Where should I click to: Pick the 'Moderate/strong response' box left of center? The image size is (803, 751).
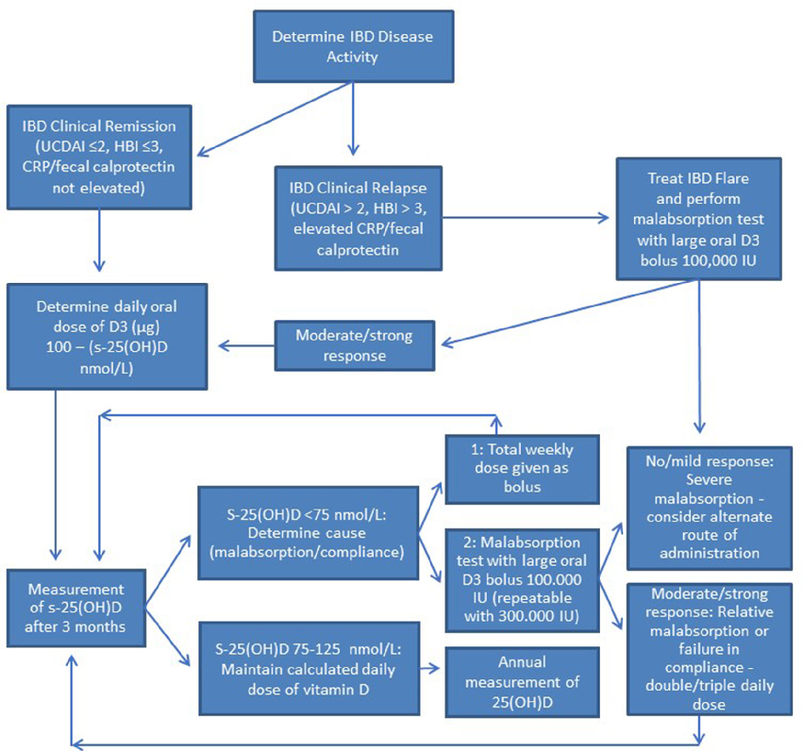[x=356, y=345]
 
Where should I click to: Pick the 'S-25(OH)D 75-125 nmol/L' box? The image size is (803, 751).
[x=308, y=667]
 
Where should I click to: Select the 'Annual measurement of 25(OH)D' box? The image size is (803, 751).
[x=510, y=680]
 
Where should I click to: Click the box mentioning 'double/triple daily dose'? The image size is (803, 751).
[x=700, y=648]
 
